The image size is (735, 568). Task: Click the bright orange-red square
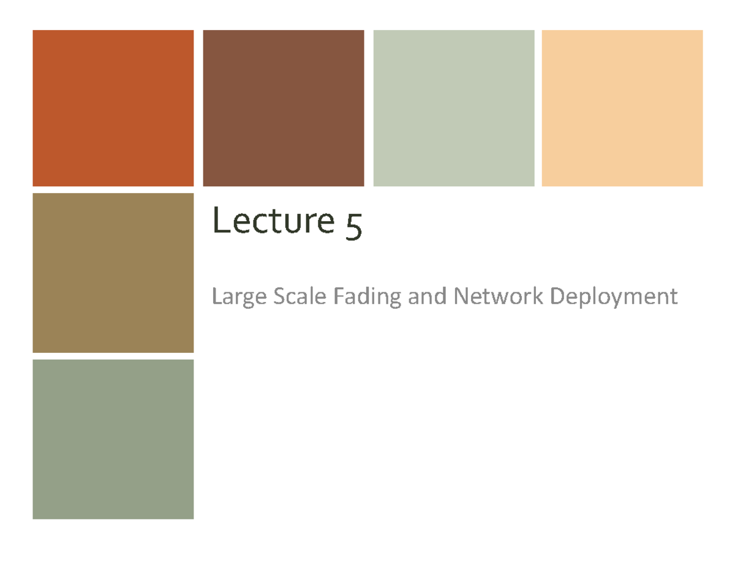pyautogui.click(x=113, y=108)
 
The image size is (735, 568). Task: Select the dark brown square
pyautogui.click(x=284, y=108)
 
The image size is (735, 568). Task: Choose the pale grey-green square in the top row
pyautogui.click(x=454, y=108)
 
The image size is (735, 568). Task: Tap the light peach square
pyautogui.click(x=622, y=108)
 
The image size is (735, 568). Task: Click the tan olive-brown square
pyautogui.click(x=113, y=273)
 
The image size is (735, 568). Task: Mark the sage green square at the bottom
pyautogui.click(x=113, y=439)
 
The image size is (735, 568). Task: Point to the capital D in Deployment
pyautogui.click(x=557, y=297)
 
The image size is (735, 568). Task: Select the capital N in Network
pyautogui.click(x=459, y=297)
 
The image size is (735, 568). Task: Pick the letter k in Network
pyautogui.click(x=538, y=297)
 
